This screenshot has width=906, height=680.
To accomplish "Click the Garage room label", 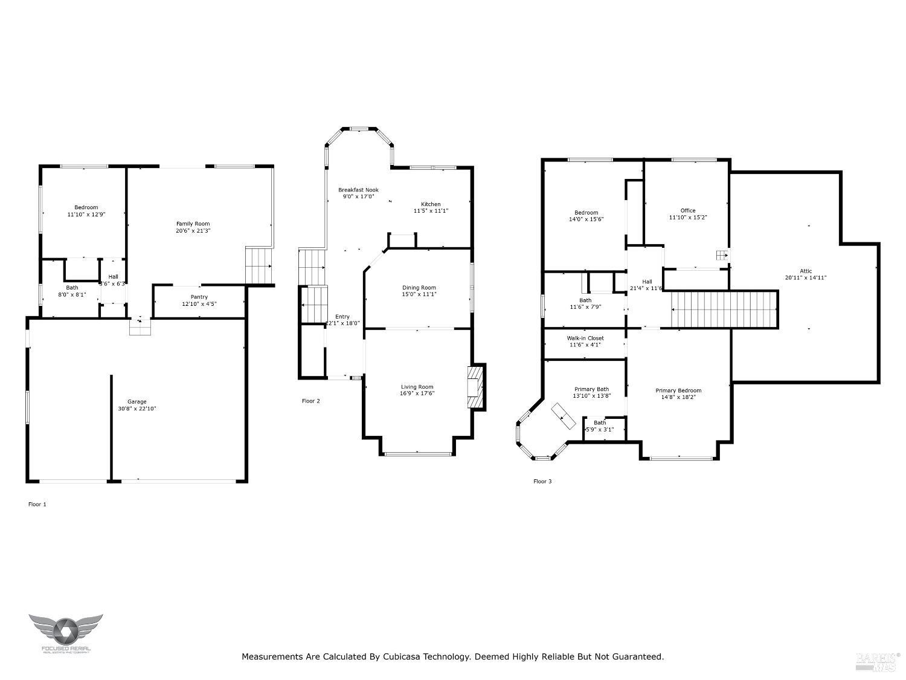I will [137, 401].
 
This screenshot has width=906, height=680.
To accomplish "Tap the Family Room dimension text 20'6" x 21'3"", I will [193, 231].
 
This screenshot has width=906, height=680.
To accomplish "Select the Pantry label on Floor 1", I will [199, 297].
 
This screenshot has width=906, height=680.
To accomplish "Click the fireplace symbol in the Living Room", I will [475, 387].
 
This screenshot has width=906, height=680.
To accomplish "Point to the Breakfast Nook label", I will [358, 190].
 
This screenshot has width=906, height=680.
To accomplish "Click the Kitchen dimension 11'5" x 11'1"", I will [431, 211].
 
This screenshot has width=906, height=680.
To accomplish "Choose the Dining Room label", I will [419, 288].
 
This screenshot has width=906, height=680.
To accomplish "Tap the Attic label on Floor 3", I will [806, 271].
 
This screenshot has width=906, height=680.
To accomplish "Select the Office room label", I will [687, 210].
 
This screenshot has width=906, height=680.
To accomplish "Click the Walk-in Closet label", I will [585, 338].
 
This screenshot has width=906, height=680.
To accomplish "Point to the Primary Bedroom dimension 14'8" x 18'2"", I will [678, 398].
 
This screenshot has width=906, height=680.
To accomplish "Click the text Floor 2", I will [310, 401].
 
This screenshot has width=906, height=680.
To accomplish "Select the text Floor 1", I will [37, 504].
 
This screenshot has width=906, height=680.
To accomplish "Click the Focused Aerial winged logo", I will [66, 630].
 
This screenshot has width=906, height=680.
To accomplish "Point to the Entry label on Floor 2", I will [342, 317].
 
